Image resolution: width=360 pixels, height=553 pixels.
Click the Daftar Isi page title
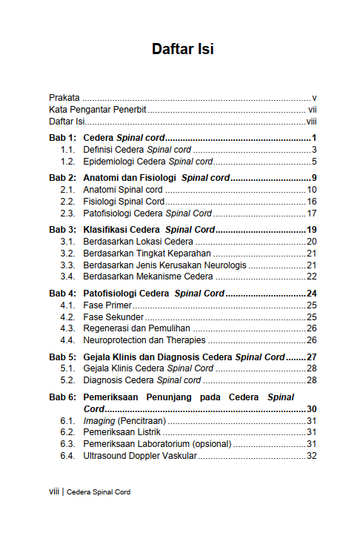tap(183, 50)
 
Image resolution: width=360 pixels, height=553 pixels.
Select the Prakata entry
tap(64, 98)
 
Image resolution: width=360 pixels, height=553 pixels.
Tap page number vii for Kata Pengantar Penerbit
tap(313, 110)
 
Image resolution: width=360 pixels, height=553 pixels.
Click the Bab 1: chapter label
tap(63, 138)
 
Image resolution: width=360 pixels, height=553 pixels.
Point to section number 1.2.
tap(68, 161)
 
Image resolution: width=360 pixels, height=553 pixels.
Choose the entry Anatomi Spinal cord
tap(123, 190)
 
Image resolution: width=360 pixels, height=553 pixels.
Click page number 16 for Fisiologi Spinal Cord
tap(312, 202)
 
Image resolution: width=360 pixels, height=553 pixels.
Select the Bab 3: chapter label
tap(63, 230)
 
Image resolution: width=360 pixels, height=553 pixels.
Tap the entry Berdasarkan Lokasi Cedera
tap(139, 242)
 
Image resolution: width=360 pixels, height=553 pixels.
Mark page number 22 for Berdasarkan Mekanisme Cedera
tap(312, 276)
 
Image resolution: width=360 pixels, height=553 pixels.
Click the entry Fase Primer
tap(106, 305)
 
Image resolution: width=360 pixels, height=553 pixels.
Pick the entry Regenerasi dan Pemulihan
tap(137, 328)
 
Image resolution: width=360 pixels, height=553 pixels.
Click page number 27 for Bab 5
tap(312, 357)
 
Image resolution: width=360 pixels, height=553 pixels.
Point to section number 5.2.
tap(68, 380)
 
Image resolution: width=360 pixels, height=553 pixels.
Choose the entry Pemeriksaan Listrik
tap(122, 432)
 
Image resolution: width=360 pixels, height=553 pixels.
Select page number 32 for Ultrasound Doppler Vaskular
tap(312, 456)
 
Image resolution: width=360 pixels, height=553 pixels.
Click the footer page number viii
tap(53, 491)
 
